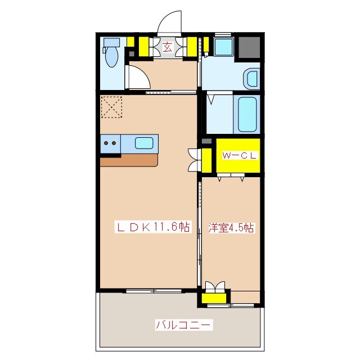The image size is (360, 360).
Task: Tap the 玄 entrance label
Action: [x=168, y=47]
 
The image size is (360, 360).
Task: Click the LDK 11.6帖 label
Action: [x=152, y=227]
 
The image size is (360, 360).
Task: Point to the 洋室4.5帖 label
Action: [x=231, y=228]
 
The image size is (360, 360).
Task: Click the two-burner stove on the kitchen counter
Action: [x=110, y=143]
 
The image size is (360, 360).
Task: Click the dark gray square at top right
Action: [x=247, y=48]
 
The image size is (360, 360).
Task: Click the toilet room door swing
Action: [x=137, y=79]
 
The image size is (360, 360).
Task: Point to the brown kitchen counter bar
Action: [x=129, y=160]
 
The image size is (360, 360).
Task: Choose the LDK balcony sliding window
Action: [x=154, y=291]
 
